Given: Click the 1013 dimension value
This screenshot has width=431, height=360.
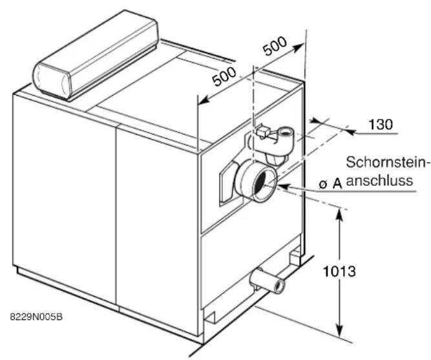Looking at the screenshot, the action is (339, 271).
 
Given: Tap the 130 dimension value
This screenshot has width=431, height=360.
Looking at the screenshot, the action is (381, 124).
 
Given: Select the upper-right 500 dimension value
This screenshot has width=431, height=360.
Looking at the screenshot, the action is (275, 46).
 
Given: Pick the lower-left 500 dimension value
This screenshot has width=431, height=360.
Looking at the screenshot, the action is (224, 76).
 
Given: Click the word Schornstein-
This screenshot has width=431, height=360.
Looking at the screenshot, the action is (387, 162).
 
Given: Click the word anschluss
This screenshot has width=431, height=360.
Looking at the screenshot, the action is (379, 181).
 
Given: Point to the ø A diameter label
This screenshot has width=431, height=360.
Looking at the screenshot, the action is (331, 184).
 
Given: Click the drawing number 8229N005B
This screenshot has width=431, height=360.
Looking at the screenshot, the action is (36, 317).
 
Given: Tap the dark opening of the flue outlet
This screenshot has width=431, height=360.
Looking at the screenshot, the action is (263, 184).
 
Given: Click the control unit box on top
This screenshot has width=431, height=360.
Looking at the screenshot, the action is (96, 55).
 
